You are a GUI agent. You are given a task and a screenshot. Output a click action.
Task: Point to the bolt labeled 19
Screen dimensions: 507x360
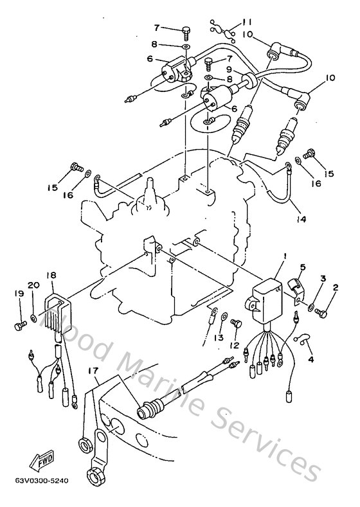pyautogui.click(x=19, y=325)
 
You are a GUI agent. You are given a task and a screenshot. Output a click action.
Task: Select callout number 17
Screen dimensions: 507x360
pyautogui.click(x=94, y=370)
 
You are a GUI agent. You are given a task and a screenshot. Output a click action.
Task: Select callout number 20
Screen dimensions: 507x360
pyautogui.click(x=33, y=285)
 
